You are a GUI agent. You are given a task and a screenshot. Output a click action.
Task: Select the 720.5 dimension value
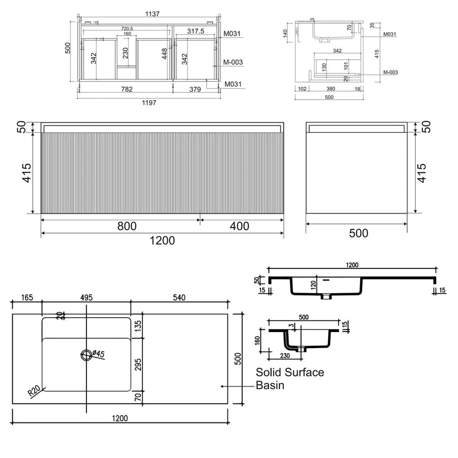click(x=128, y=28)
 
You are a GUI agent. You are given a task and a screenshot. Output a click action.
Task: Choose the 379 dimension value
click(x=195, y=89)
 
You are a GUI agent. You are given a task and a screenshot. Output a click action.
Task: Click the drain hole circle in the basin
click(x=86, y=356)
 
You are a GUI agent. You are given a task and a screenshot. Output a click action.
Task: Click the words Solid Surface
click(x=290, y=373)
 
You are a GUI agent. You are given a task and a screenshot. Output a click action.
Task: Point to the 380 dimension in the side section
click(x=330, y=89)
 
